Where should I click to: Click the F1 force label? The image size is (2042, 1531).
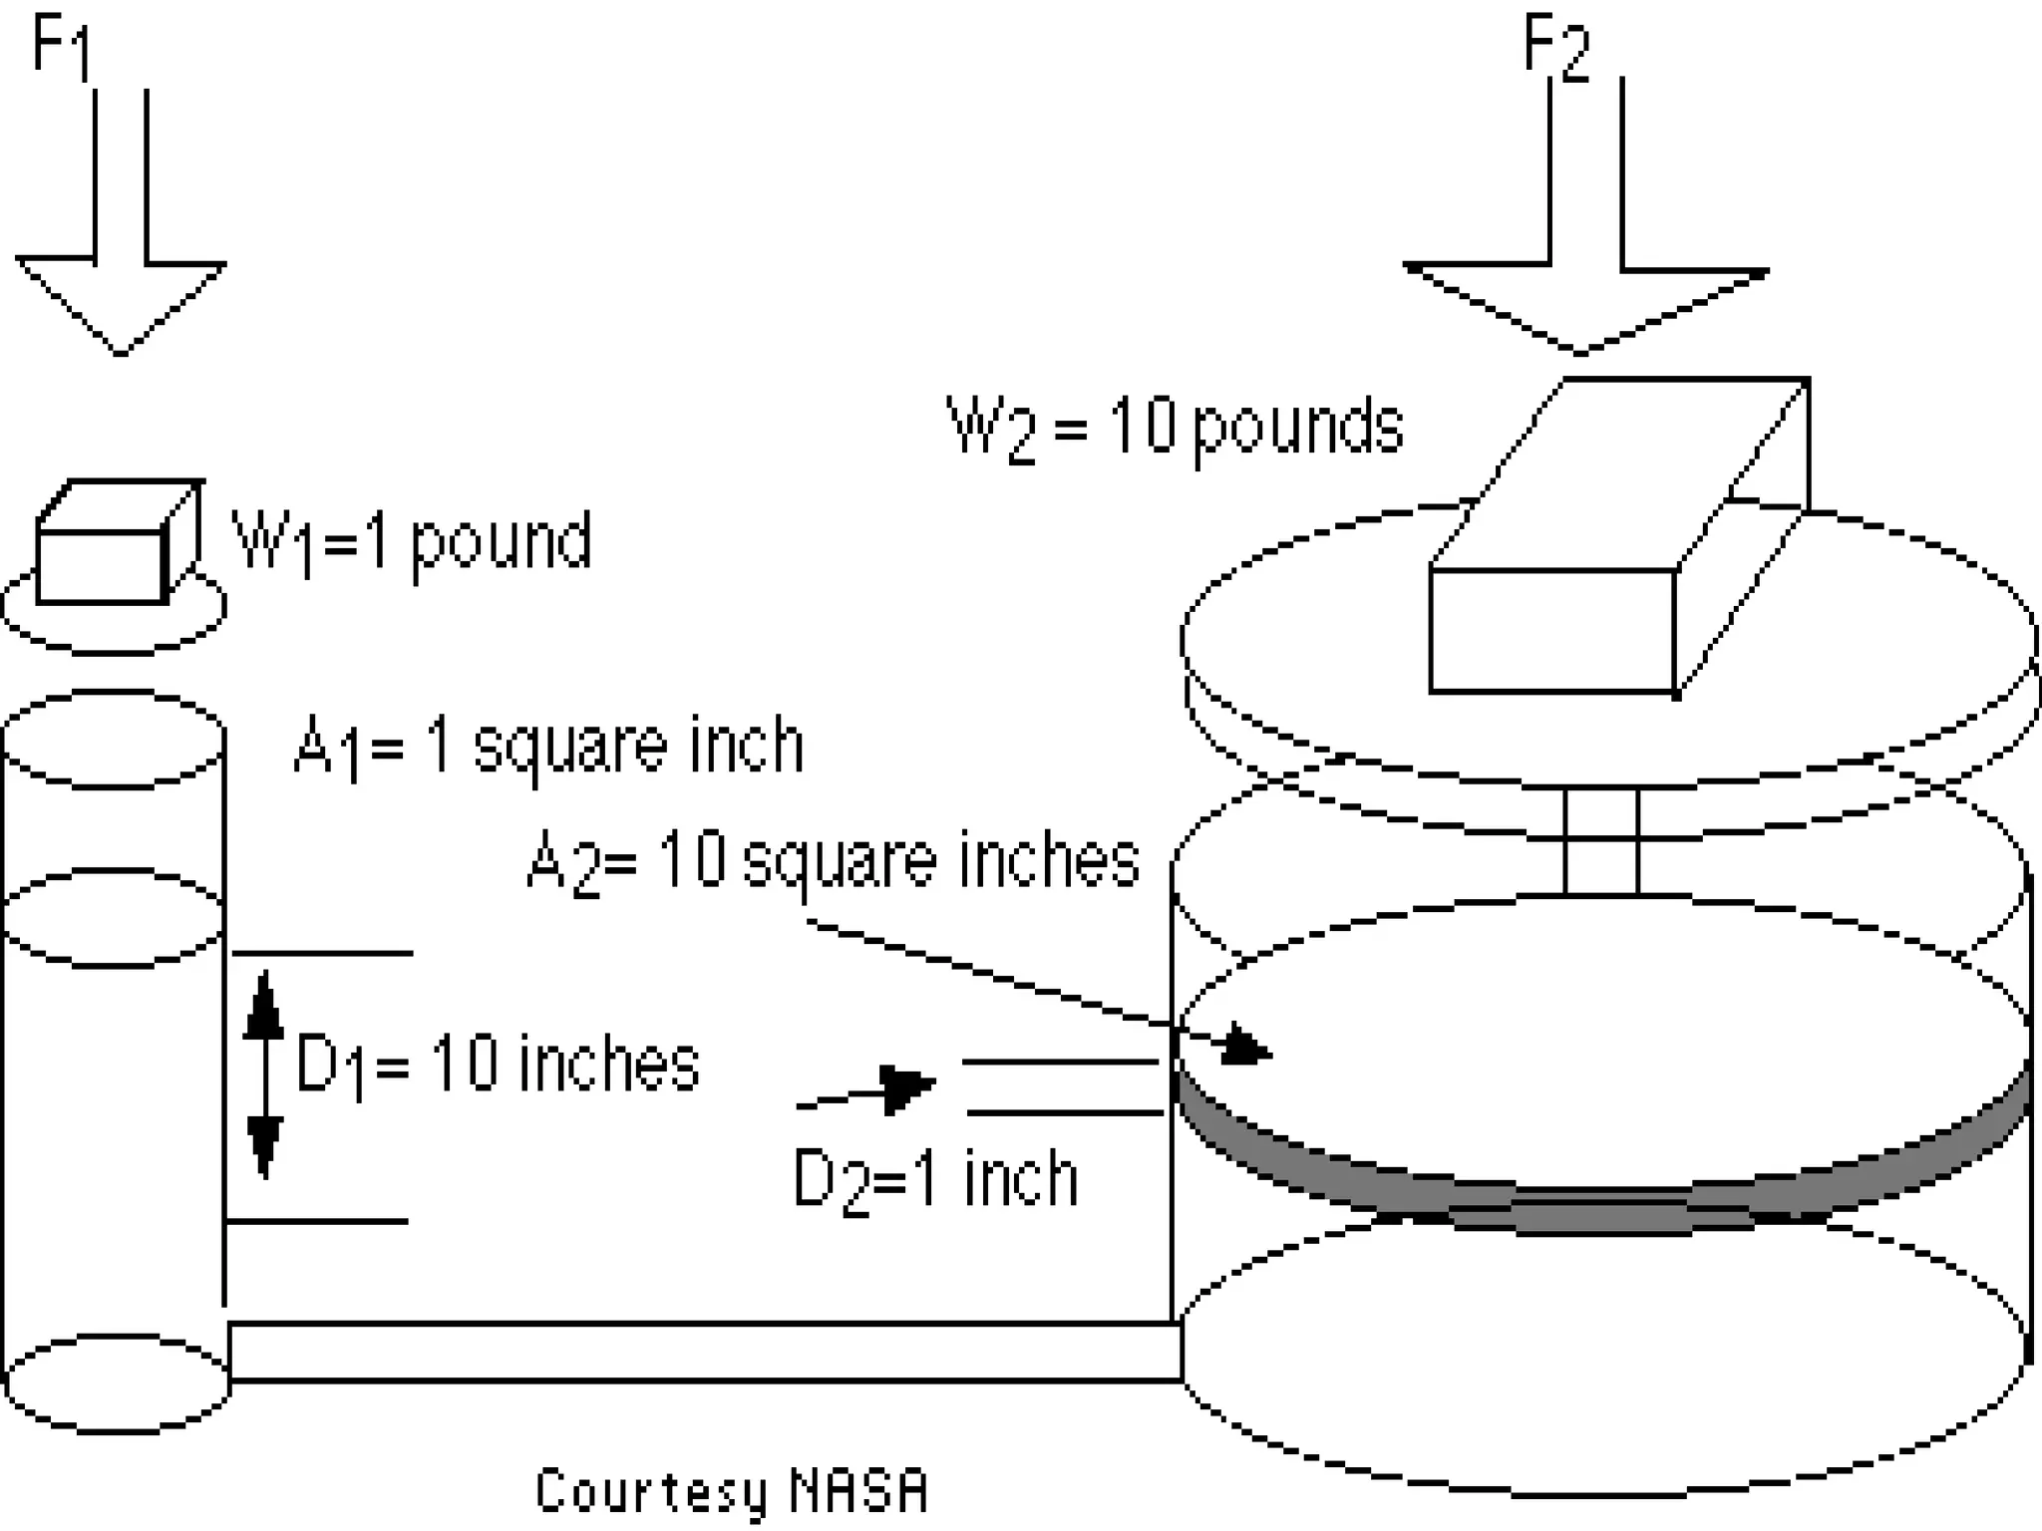pyautogui.click(x=60, y=47)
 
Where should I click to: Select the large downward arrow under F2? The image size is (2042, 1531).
pyautogui.click(x=1585, y=259)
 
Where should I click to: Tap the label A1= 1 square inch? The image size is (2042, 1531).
pyautogui.click(x=548, y=746)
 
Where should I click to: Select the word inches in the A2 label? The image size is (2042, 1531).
pyautogui.click(x=1049, y=860)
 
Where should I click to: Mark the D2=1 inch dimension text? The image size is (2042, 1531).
pyautogui.click(x=935, y=1179)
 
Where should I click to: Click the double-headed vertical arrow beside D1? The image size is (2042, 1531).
pyautogui.click(x=264, y=1074)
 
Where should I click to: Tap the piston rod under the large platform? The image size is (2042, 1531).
pyautogui.click(x=1601, y=842)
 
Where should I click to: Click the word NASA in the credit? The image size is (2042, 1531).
pyautogui.click(x=858, y=1491)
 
